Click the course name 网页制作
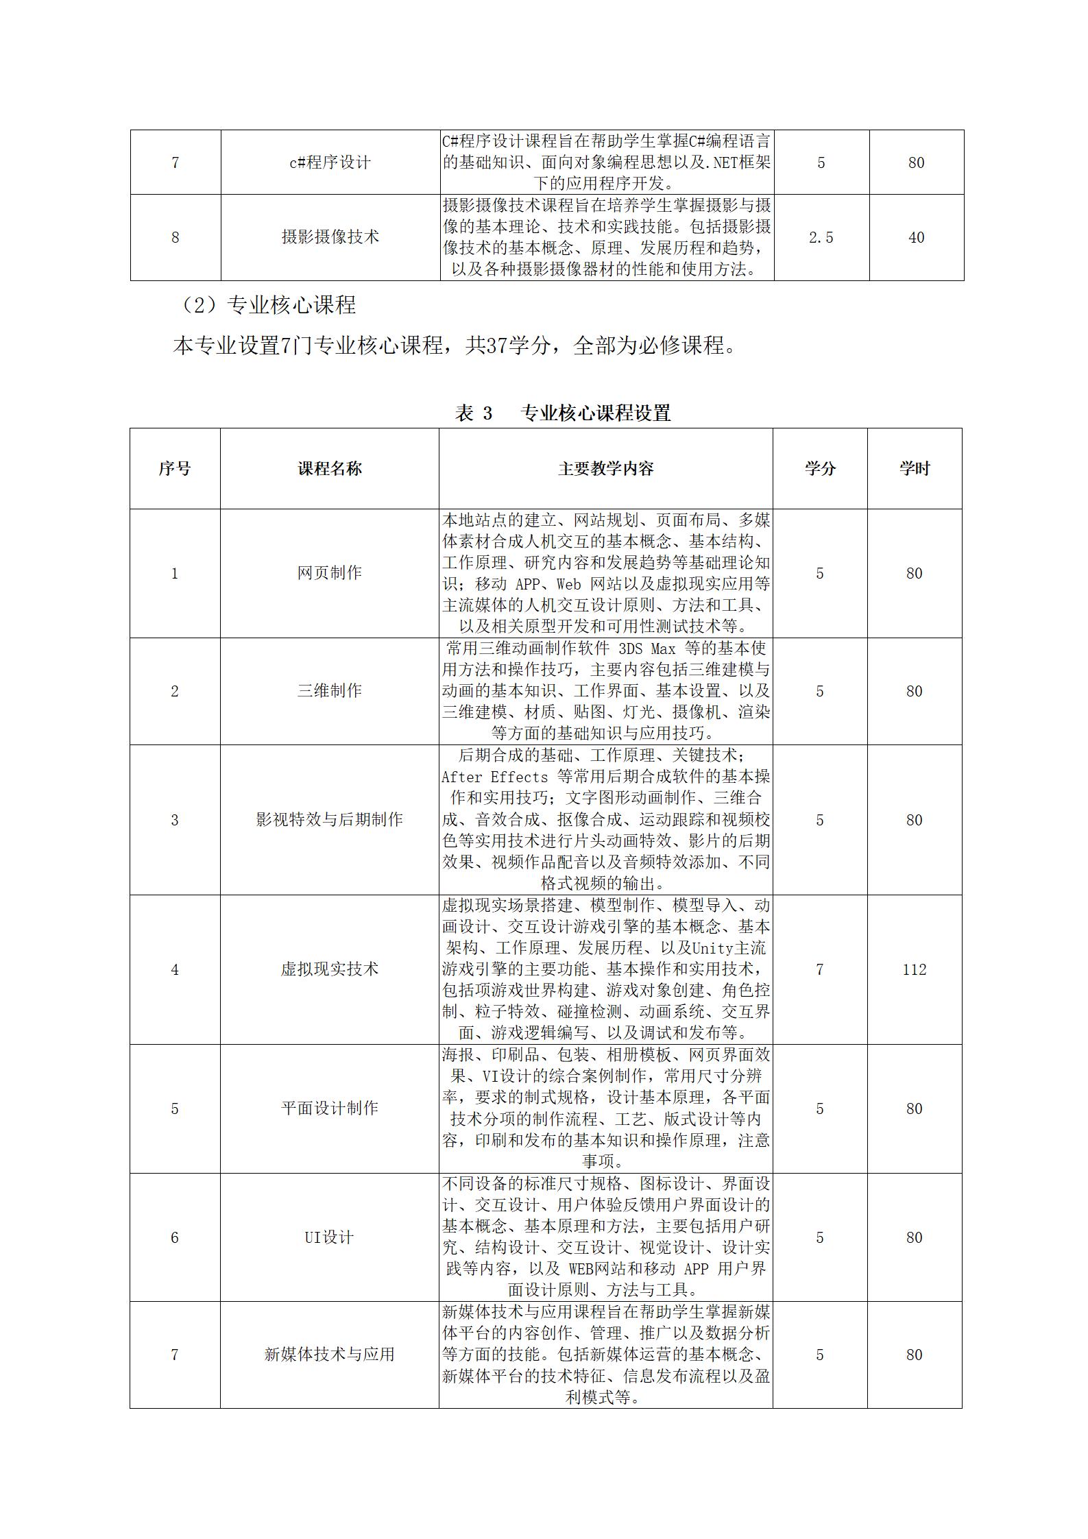[x=329, y=573]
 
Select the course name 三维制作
[x=329, y=691]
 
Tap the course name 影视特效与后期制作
[x=329, y=820]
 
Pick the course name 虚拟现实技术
[x=329, y=969]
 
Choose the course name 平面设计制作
[x=329, y=1108]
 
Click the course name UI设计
[x=329, y=1237]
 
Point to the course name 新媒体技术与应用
[x=329, y=1355]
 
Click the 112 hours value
[x=914, y=969]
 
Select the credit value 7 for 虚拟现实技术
[x=819, y=969]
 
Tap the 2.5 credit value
[x=821, y=237]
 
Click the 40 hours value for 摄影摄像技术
[x=916, y=237]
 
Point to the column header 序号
[x=175, y=469]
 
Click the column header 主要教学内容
[x=605, y=469]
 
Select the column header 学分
[x=820, y=469]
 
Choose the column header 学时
[x=915, y=469]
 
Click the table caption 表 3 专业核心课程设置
[x=562, y=413]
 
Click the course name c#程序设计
[x=330, y=162]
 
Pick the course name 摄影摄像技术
[x=330, y=237]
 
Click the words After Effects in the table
[x=495, y=777]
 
